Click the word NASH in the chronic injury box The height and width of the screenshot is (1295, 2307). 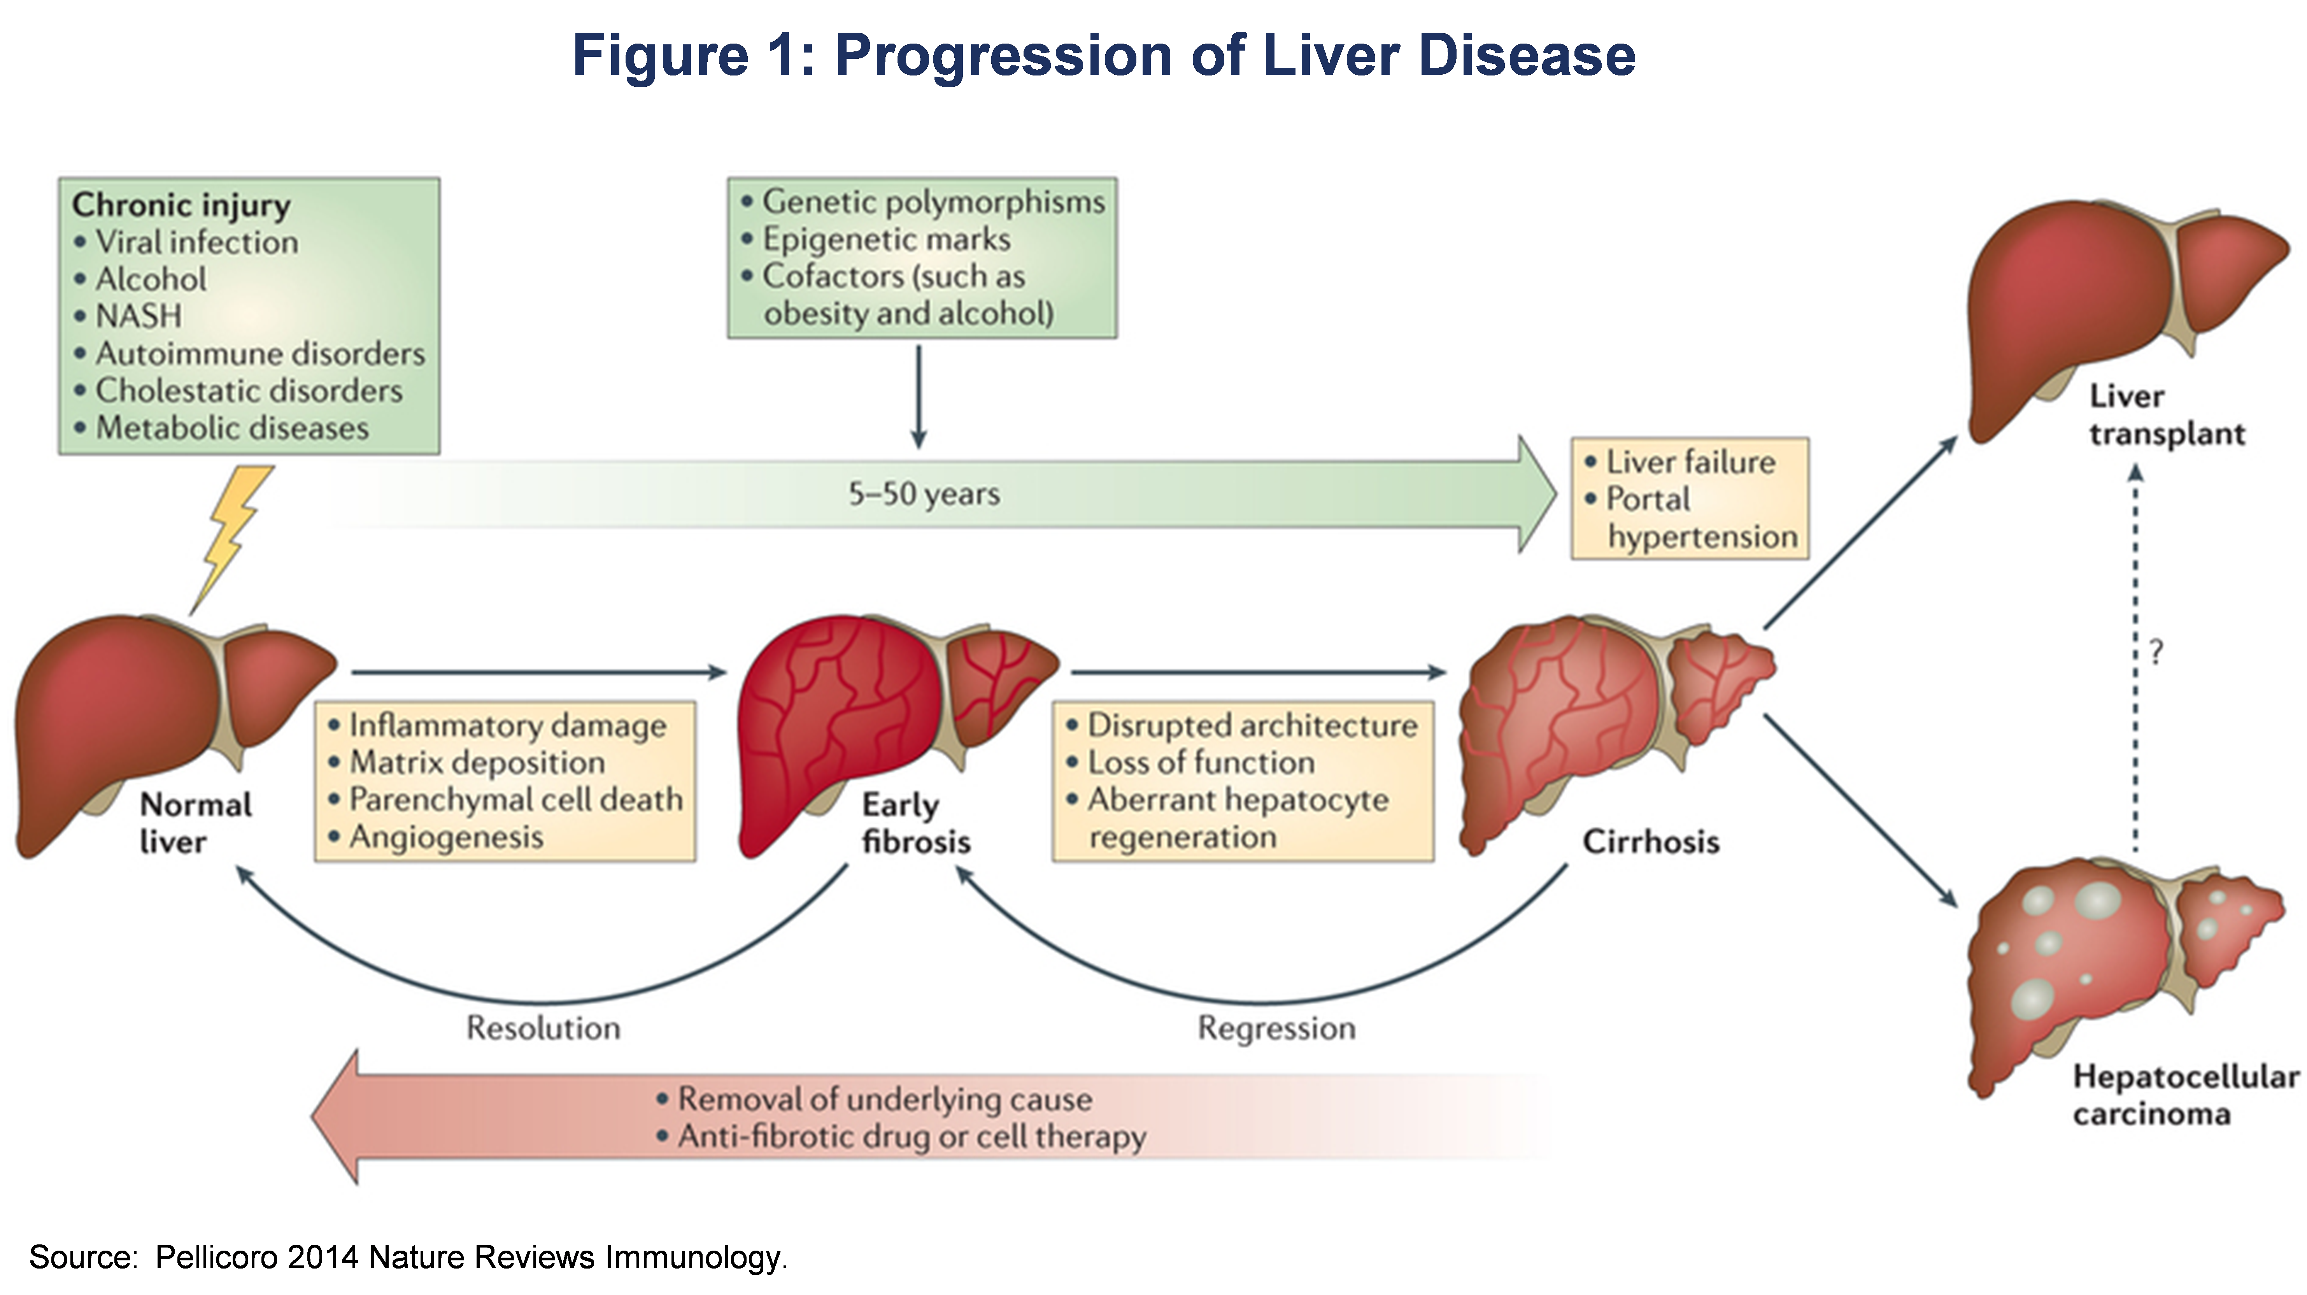tap(139, 316)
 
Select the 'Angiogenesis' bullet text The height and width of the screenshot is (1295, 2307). tap(446, 837)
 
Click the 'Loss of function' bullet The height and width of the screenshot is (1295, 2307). tap(1201, 762)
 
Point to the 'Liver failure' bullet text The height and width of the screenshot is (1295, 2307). tap(1690, 462)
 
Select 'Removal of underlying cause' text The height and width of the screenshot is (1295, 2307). tap(885, 1099)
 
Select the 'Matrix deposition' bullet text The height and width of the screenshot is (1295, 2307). tap(477, 763)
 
